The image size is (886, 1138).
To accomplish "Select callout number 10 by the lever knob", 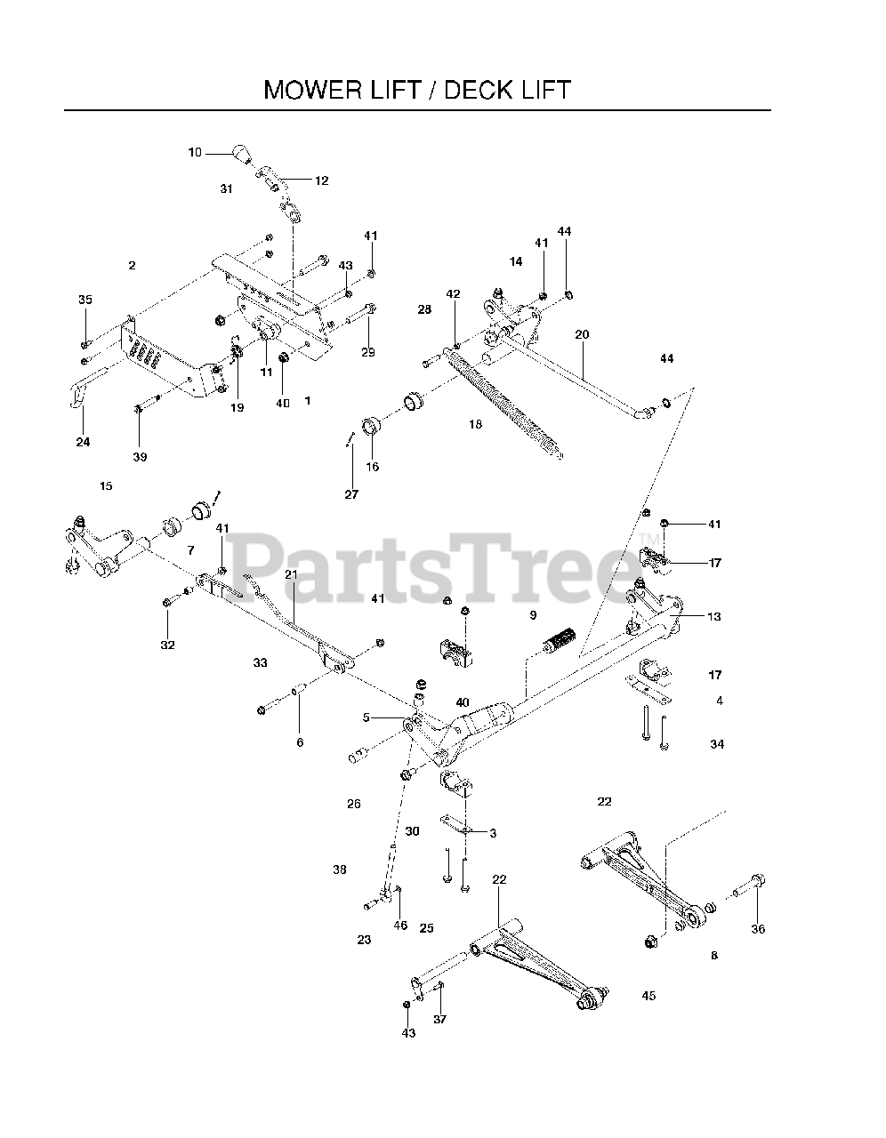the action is tap(195, 153).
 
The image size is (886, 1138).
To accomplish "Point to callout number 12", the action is tap(321, 180).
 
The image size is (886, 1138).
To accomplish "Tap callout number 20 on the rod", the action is tap(582, 335).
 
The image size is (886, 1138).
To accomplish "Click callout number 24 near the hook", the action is tap(83, 442).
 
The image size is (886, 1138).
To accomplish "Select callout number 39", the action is tap(141, 457).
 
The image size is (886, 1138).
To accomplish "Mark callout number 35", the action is tap(85, 301).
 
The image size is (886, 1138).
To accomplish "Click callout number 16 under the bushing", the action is tap(372, 467).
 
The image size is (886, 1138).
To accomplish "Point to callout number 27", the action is tap(351, 494).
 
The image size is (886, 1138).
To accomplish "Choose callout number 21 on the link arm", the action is tap(291, 574).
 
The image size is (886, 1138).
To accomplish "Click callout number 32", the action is tap(167, 645).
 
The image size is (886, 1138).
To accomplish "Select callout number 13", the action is tap(714, 616).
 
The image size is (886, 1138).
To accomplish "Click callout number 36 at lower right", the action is tap(757, 929).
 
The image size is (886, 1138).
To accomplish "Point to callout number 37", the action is tap(439, 1020).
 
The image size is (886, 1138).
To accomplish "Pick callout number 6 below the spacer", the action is tap(299, 741).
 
